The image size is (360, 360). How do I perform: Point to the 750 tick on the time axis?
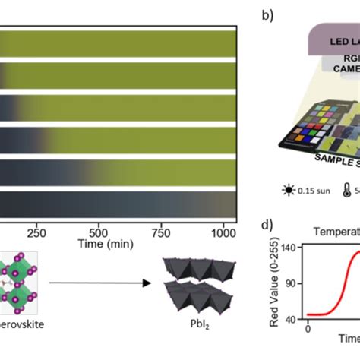coord(161,233)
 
